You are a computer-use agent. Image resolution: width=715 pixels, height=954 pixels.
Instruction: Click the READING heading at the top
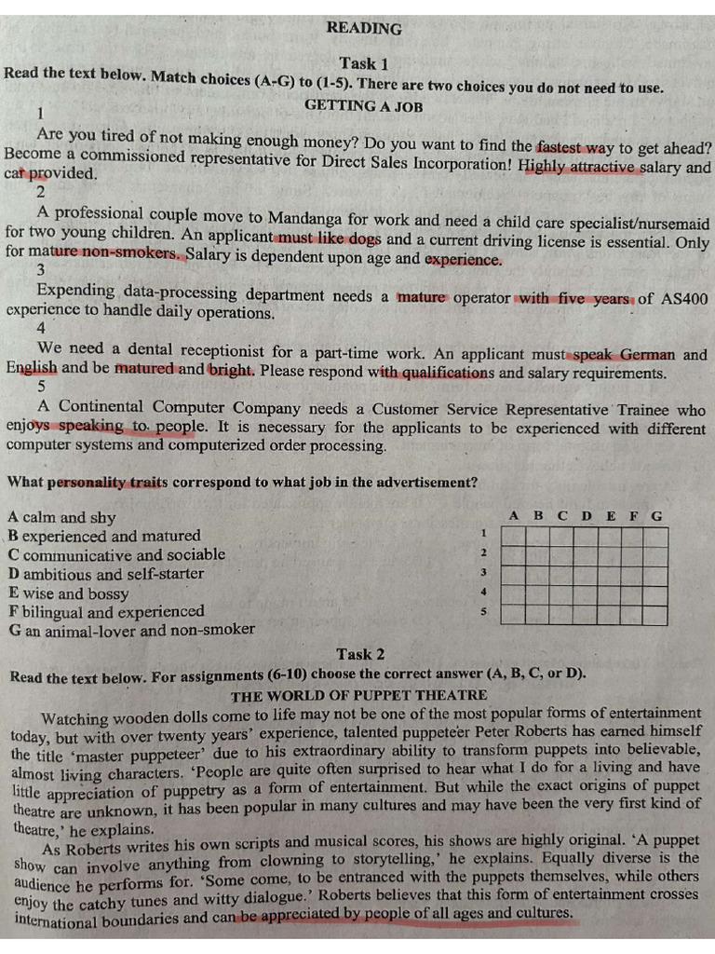[364, 29]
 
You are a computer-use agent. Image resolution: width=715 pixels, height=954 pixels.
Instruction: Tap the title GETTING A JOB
[363, 106]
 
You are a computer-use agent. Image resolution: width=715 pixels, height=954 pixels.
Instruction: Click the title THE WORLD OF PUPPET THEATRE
[358, 695]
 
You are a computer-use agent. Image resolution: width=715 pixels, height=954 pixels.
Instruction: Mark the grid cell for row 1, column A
[513, 537]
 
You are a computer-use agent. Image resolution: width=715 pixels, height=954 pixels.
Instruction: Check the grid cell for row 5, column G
[655, 616]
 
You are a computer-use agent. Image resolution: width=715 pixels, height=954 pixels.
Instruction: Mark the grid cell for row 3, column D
[585, 576]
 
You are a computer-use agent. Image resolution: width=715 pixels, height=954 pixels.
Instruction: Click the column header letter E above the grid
[610, 515]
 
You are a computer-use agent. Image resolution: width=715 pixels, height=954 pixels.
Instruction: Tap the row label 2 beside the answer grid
[483, 553]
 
